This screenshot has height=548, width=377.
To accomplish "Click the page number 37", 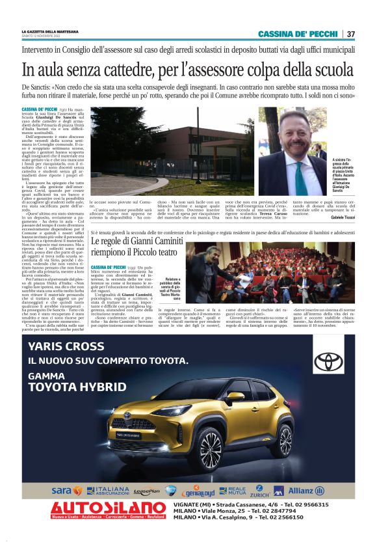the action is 350,34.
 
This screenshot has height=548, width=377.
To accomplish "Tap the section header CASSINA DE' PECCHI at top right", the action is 297,34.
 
